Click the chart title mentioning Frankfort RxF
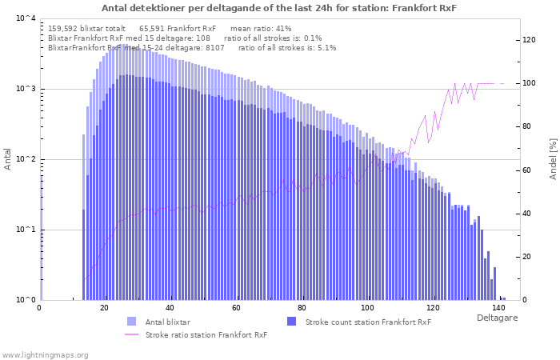pyautogui.click(x=279, y=8)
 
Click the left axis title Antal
pyautogui.click(x=8, y=159)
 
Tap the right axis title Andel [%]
pyautogui.click(x=552, y=158)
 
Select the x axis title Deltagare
pyautogui.click(x=496, y=318)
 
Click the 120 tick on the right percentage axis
pyautogui.click(x=528, y=40)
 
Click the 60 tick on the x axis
pyautogui.click(x=236, y=307)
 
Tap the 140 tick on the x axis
pyautogui.click(x=498, y=307)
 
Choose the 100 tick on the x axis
pyautogui.click(x=367, y=307)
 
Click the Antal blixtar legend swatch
pyautogui.click(x=132, y=322)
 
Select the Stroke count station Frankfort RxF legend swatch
pyautogui.click(x=291, y=322)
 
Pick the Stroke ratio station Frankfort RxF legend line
pyautogui.click(x=132, y=334)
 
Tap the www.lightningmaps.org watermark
pyautogui.click(x=46, y=354)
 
